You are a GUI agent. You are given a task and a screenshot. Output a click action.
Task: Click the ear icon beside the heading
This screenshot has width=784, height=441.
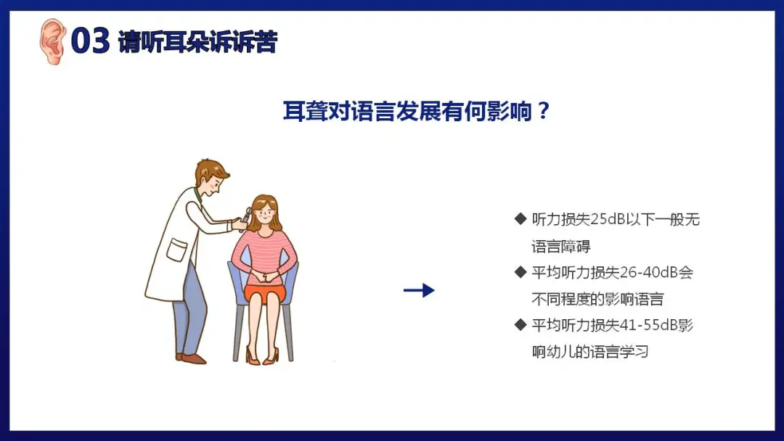[x=52, y=41]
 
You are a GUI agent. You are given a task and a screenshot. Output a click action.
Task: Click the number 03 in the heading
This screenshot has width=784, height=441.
[x=90, y=41]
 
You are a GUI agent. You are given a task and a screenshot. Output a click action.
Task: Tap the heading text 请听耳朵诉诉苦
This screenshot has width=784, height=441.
[x=197, y=41]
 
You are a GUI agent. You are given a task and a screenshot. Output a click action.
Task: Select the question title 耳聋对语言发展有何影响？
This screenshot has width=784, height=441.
[x=417, y=111]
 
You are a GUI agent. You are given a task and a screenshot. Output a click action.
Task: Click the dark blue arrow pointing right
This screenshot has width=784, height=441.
[x=419, y=290]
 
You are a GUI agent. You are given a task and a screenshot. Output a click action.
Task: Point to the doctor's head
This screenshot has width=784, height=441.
[x=211, y=178]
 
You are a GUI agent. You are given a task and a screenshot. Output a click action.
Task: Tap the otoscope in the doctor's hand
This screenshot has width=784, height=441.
[x=245, y=219]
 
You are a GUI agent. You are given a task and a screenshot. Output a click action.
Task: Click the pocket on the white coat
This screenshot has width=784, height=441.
[x=176, y=250]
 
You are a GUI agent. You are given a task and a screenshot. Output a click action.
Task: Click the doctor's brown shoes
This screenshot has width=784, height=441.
[x=191, y=358]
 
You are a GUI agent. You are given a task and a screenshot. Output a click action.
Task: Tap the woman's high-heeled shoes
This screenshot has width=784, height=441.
[x=262, y=355]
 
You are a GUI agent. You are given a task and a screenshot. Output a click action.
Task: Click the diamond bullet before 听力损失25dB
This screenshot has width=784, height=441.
[x=520, y=219]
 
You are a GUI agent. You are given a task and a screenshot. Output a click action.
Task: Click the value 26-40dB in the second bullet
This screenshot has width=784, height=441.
[x=649, y=273]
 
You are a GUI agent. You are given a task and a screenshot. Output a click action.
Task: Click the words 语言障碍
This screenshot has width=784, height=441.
[x=561, y=246]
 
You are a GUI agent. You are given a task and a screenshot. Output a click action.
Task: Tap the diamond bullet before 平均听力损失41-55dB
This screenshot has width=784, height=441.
[x=520, y=325]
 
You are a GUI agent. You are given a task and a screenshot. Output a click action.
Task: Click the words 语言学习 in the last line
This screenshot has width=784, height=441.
[x=619, y=352]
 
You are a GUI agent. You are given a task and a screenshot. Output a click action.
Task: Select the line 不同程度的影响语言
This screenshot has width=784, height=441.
[x=597, y=299]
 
